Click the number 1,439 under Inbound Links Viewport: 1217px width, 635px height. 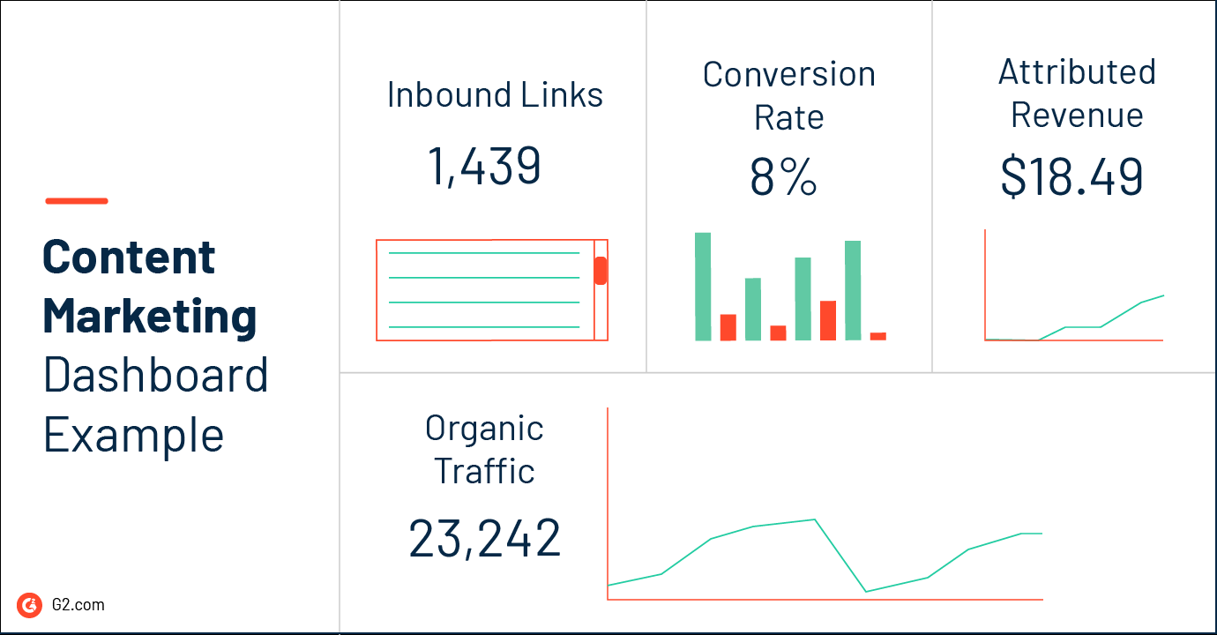[483, 166]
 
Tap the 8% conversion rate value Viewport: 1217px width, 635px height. [783, 177]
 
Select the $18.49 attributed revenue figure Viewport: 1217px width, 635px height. [1071, 176]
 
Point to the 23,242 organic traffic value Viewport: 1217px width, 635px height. [484, 538]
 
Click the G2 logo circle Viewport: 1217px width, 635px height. [29, 604]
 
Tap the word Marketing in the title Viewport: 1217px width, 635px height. [150, 316]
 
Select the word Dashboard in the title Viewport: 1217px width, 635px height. [155, 375]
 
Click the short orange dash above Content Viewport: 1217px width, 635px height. [77, 201]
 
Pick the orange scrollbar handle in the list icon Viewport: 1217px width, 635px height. [601, 271]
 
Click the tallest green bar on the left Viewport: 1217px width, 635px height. [703, 286]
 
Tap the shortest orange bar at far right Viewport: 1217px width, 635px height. [877, 336]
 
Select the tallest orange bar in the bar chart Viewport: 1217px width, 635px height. [827, 320]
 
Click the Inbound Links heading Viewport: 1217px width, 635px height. [495, 94]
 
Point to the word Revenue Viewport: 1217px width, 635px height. [1077, 116]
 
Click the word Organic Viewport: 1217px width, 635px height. [484, 429]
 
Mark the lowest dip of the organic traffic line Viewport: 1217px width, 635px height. [867, 591]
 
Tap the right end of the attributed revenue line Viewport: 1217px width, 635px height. [1163, 295]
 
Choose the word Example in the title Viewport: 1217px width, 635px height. [134, 435]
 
